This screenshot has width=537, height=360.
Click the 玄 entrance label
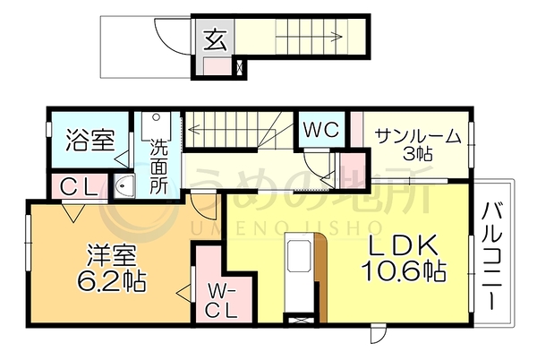pos(216,40)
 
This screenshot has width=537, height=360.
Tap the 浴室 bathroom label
pos(90,140)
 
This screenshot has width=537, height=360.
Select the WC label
pos(321,130)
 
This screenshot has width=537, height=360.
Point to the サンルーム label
pos(418,137)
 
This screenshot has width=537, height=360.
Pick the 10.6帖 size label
pos(405,270)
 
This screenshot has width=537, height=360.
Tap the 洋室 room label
pos(112,255)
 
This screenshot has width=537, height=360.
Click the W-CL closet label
pos(221,302)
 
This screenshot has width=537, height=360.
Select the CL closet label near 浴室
pos(79,187)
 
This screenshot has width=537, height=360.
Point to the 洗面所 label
pos(159,167)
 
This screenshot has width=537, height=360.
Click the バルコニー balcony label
pos(491,256)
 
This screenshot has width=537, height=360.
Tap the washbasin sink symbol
pos(124,185)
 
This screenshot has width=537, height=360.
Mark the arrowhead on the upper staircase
pos(337,37)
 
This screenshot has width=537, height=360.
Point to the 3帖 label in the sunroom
pos(417,154)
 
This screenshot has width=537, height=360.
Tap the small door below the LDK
pos(378,333)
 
